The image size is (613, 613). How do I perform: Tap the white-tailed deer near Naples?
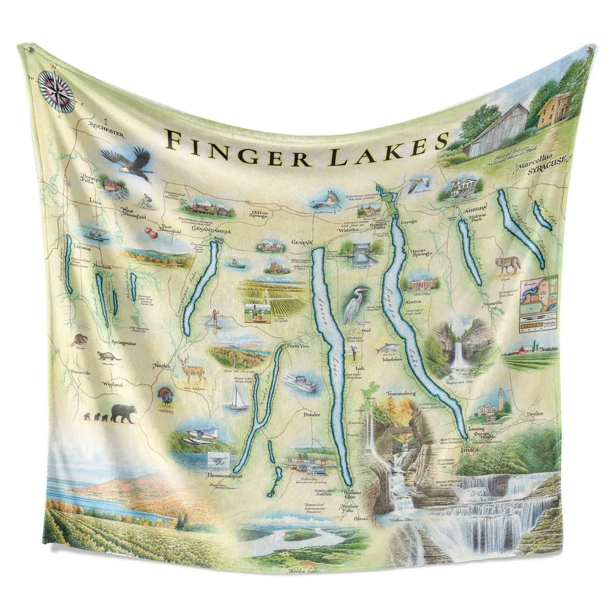coord(191,368)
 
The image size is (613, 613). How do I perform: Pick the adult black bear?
coord(124,413)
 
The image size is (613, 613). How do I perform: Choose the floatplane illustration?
coord(200,433)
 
